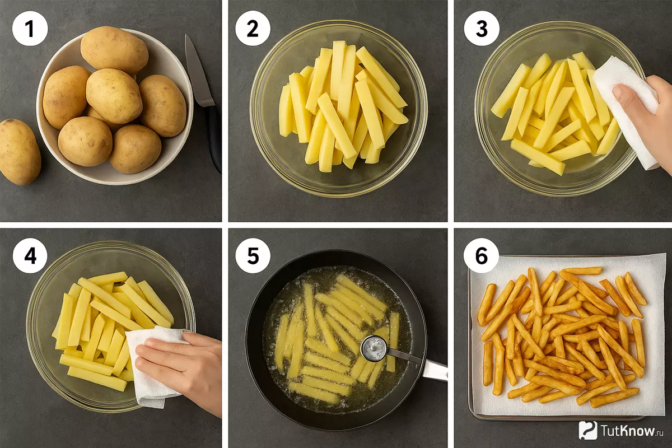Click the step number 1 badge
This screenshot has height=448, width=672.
coord(30,29)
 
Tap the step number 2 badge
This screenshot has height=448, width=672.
coord(253,29)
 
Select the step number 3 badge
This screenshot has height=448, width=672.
coord(482,29)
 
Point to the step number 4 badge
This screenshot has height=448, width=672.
coord(30,256)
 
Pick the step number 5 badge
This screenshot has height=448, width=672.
coord(253,256)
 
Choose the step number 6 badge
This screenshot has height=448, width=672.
coord(482,256)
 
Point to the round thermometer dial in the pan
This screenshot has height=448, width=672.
coord(374,348)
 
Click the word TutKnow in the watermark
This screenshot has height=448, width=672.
coord(628,431)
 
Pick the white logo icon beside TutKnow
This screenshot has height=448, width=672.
coord(588,431)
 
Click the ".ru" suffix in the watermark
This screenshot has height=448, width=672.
coord(660,433)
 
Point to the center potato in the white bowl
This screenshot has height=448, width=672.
coord(114,96)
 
